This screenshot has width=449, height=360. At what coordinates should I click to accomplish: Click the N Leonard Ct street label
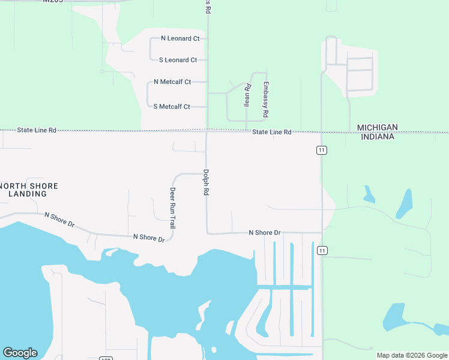[180, 38]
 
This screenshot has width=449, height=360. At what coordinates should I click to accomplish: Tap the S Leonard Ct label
[178, 60]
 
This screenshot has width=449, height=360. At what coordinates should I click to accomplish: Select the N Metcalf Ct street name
[172, 82]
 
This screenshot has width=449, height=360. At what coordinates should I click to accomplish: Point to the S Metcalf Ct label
[172, 107]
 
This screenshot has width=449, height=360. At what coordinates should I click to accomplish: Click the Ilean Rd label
[247, 95]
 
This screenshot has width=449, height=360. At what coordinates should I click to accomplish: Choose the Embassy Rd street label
[266, 99]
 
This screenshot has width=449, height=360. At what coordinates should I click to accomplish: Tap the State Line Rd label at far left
[37, 130]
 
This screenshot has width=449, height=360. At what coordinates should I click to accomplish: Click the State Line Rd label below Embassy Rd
[271, 132]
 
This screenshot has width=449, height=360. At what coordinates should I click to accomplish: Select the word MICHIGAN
[377, 127]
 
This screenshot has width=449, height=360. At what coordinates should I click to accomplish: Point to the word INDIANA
[378, 137]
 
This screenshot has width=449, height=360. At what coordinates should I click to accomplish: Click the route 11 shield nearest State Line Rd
[322, 150]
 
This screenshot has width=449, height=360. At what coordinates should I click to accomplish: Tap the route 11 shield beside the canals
[322, 250]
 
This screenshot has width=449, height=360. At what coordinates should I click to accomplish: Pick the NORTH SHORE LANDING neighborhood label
[29, 190]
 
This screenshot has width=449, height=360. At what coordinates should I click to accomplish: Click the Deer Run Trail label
[173, 208]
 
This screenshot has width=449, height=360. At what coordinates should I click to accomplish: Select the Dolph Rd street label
[206, 182]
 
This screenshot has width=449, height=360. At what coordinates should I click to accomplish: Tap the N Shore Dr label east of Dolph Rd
[265, 232]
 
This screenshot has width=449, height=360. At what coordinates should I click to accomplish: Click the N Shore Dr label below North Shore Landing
[59, 219]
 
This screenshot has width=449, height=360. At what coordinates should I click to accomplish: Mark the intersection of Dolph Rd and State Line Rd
[207, 130]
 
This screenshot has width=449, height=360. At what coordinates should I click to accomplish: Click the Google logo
[20, 353]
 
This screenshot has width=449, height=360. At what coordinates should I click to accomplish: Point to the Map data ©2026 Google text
[411, 355]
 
